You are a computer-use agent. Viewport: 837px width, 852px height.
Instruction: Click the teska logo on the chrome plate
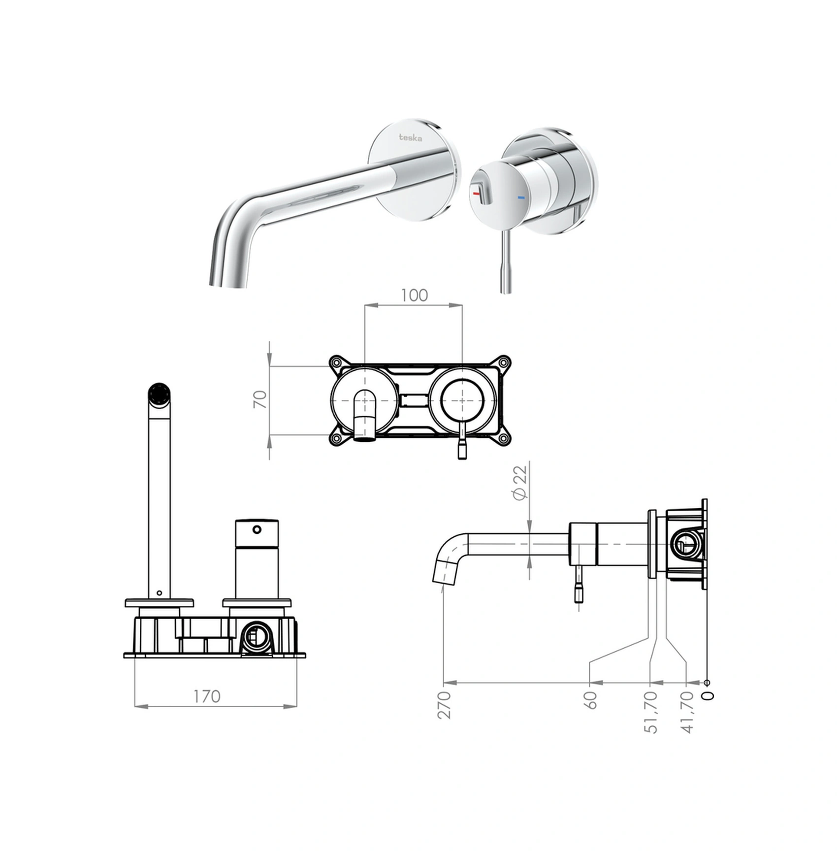pyautogui.click(x=410, y=137)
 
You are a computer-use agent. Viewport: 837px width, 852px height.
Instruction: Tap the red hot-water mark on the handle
pyautogui.click(x=476, y=194)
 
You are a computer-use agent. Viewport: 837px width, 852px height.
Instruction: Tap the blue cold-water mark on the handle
pyautogui.click(x=521, y=198)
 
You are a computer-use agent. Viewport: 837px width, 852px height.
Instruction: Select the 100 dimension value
pyautogui.click(x=414, y=295)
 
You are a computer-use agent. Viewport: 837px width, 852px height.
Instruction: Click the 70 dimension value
pyautogui.click(x=260, y=399)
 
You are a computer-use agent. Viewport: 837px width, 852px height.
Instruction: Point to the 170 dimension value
pyautogui.click(x=207, y=696)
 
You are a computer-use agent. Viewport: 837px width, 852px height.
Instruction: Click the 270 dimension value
pyautogui.click(x=444, y=705)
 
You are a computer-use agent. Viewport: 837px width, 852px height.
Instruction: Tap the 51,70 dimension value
pyautogui.click(x=651, y=712)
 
